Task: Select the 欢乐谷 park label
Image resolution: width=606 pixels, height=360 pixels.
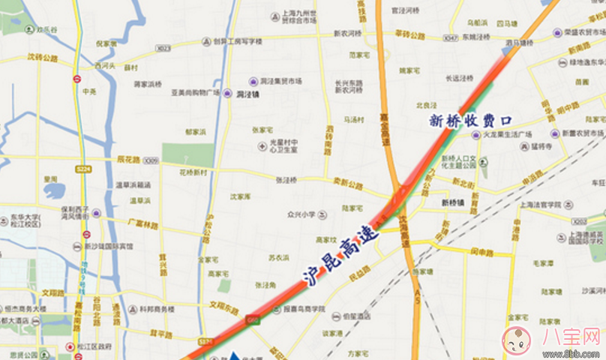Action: click(x=46, y=30)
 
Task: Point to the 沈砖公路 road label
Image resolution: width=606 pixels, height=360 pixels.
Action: click(x=42, y=58)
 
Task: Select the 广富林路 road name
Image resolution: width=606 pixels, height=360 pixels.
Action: click(x=142, y=223)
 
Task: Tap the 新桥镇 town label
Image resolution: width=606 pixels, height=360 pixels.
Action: click(x=453, y=203)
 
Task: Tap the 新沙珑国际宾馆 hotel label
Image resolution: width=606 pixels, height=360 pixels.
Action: click(x=108, y=246)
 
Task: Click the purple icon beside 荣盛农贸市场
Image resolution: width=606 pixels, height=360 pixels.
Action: click(x=556, y=32)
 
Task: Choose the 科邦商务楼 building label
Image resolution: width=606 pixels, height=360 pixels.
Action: click(x=151, y=309)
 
